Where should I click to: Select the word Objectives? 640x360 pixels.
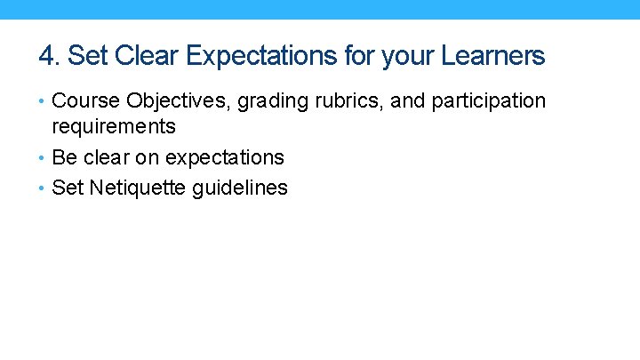172,101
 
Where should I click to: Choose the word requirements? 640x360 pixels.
114,127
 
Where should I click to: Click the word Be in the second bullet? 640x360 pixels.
65,158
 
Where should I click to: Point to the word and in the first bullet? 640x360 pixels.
408,101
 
